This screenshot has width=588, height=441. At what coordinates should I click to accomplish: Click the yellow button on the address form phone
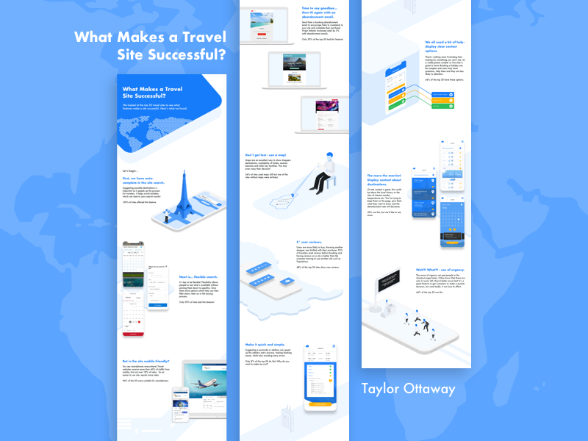tap(319, 403)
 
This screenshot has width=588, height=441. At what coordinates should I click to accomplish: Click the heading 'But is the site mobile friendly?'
tap(147, 362)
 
